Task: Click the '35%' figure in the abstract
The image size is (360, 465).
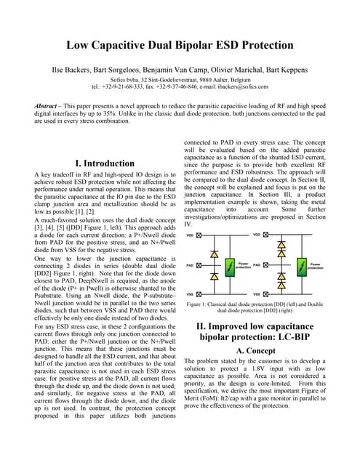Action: click(161, 114)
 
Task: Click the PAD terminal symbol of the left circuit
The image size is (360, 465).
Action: click(199, 266)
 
